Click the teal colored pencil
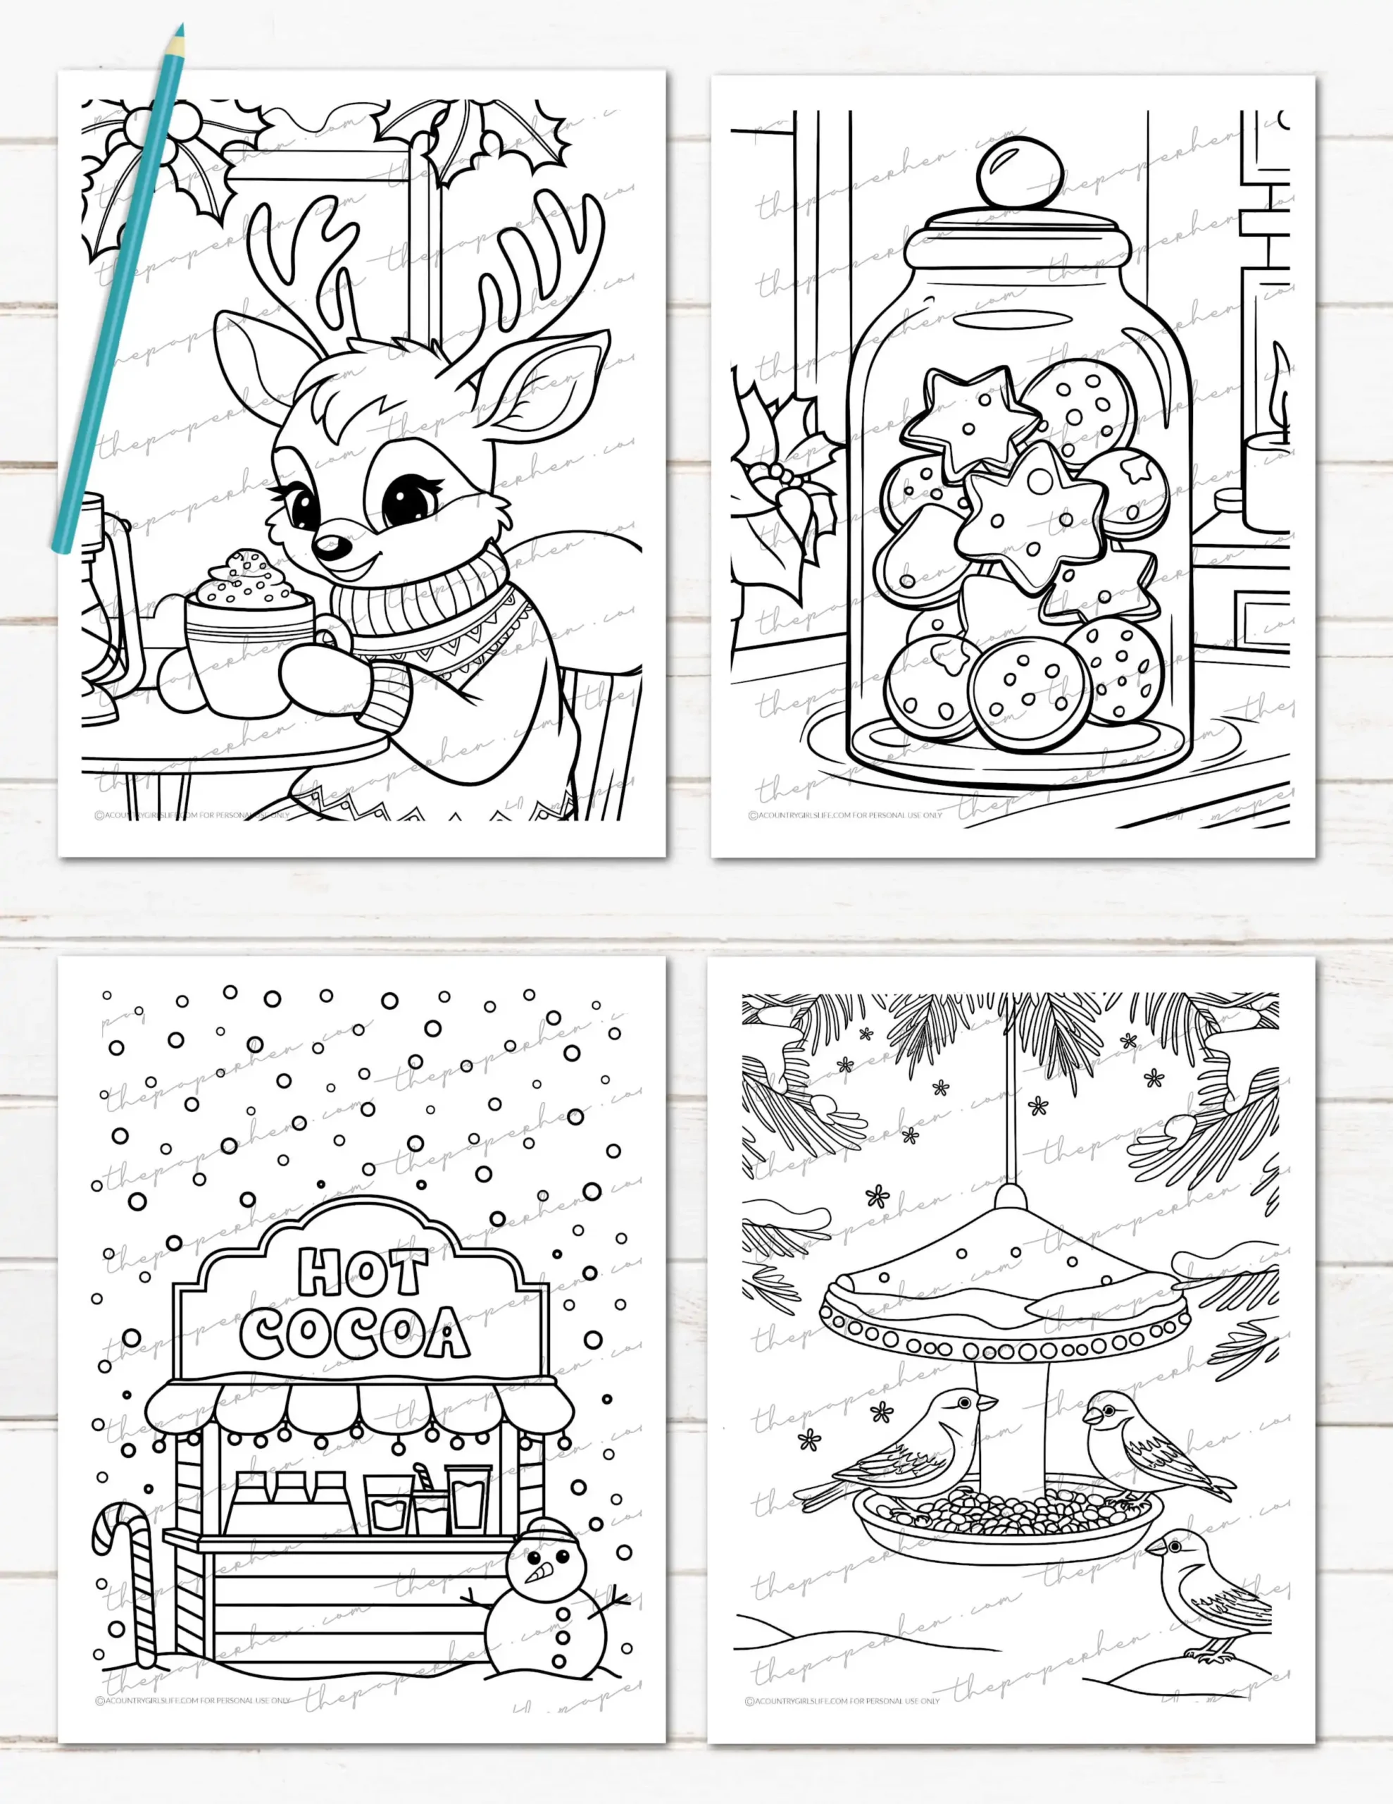(x=116, y=289)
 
